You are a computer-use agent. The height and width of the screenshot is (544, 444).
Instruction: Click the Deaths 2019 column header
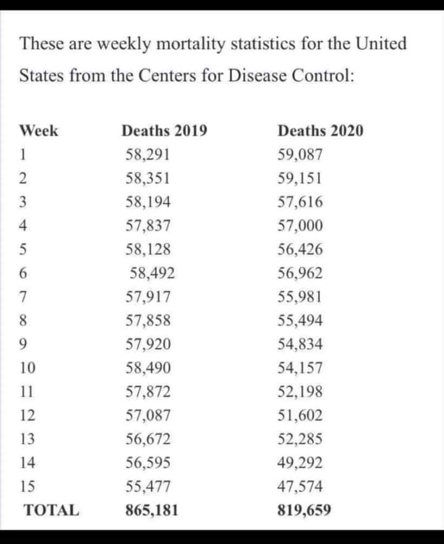click(164, 131)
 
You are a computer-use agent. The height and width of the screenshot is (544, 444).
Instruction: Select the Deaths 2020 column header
click(321, 131)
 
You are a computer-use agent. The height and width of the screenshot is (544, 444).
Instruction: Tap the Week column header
click(39, 131)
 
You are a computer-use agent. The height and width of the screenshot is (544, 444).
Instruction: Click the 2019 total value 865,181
click(152, 511)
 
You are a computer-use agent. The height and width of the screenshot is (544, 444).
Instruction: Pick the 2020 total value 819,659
click(305, 511)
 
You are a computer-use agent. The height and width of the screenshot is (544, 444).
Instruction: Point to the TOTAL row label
click(52, 511)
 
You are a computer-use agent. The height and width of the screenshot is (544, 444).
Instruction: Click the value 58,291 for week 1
click(148, 155)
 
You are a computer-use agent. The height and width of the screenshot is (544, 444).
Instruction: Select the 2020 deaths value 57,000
click(300, 226)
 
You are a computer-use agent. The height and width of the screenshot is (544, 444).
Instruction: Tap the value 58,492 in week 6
click(153, 274)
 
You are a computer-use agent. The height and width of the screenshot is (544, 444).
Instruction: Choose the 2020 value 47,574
click(300, 487)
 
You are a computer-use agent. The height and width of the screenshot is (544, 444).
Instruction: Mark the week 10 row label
click(27, 368)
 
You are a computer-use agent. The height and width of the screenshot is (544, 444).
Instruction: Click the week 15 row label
click(27, 487)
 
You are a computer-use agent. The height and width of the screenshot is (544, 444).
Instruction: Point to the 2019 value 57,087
click(148, 415)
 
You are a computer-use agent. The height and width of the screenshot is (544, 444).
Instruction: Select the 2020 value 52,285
click(300, 439)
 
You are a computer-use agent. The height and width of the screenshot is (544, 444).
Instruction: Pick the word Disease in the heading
click(258, 75)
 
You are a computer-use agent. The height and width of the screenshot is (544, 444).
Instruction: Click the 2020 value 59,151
click(300, 178)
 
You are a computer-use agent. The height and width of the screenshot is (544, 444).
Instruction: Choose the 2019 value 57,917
click(148, 297)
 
